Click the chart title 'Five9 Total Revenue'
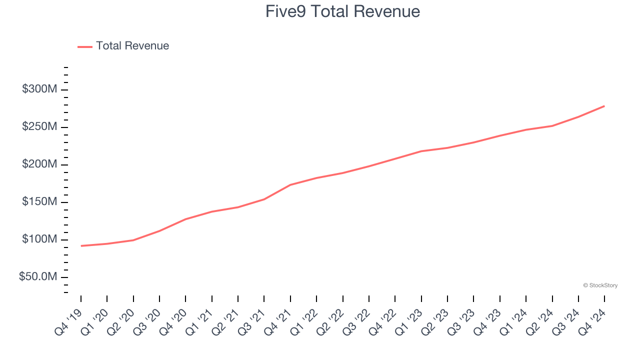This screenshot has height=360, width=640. pyautogui.click(x=342, y=11)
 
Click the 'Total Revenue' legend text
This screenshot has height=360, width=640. pyautogui.click(x=132, y=46)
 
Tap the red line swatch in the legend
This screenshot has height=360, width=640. pyautogui.click(x=85, y=46)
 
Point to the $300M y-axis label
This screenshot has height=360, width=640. pyautogui.click(x=39, y=89)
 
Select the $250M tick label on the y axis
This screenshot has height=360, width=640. pyautogui.click(x=39, y=127)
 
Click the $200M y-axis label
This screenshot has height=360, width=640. pyautogui.click(x=39, y=164)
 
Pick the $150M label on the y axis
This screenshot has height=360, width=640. pyautogui.click(x=39, y=202)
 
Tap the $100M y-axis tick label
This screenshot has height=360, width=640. pyautogui.click(x=39, y=239)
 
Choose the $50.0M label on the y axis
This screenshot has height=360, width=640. pyautogui.click(x=38, y=277)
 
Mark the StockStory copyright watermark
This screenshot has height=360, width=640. pyautogui.click(x=600, y=285)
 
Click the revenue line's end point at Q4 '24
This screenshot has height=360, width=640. pyautogui.click(x=604, y=106)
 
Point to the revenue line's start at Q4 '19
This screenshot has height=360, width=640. pyautogui.click(x=81, y=245)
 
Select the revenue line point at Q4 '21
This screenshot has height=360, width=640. pyautogui.click(x=290, y=185)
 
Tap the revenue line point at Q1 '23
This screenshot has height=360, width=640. pyautogui.click(x=421, y=151)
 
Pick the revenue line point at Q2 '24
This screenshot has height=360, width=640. pyautogui.click(x=552, y=126)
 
